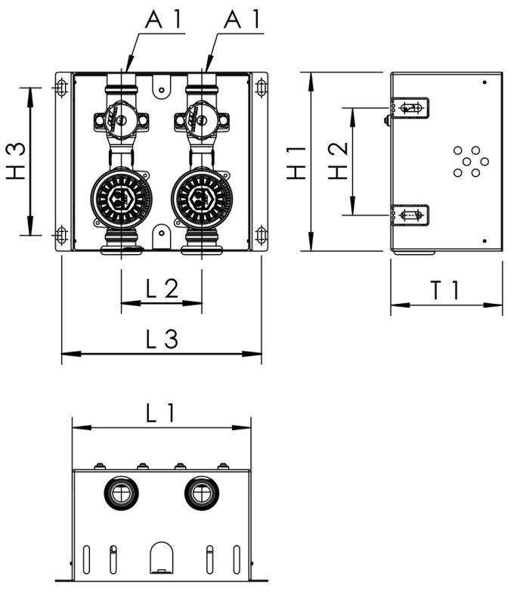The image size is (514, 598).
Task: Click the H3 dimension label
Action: (16, 161)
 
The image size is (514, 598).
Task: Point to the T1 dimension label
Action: (446, 290)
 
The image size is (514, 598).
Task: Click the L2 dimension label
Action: (161, 289)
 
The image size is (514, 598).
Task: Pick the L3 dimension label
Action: (161, 339)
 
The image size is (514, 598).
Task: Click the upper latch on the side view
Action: (410, 108)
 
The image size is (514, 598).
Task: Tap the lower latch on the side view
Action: (410, 215)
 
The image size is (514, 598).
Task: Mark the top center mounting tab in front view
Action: (159, 85)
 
